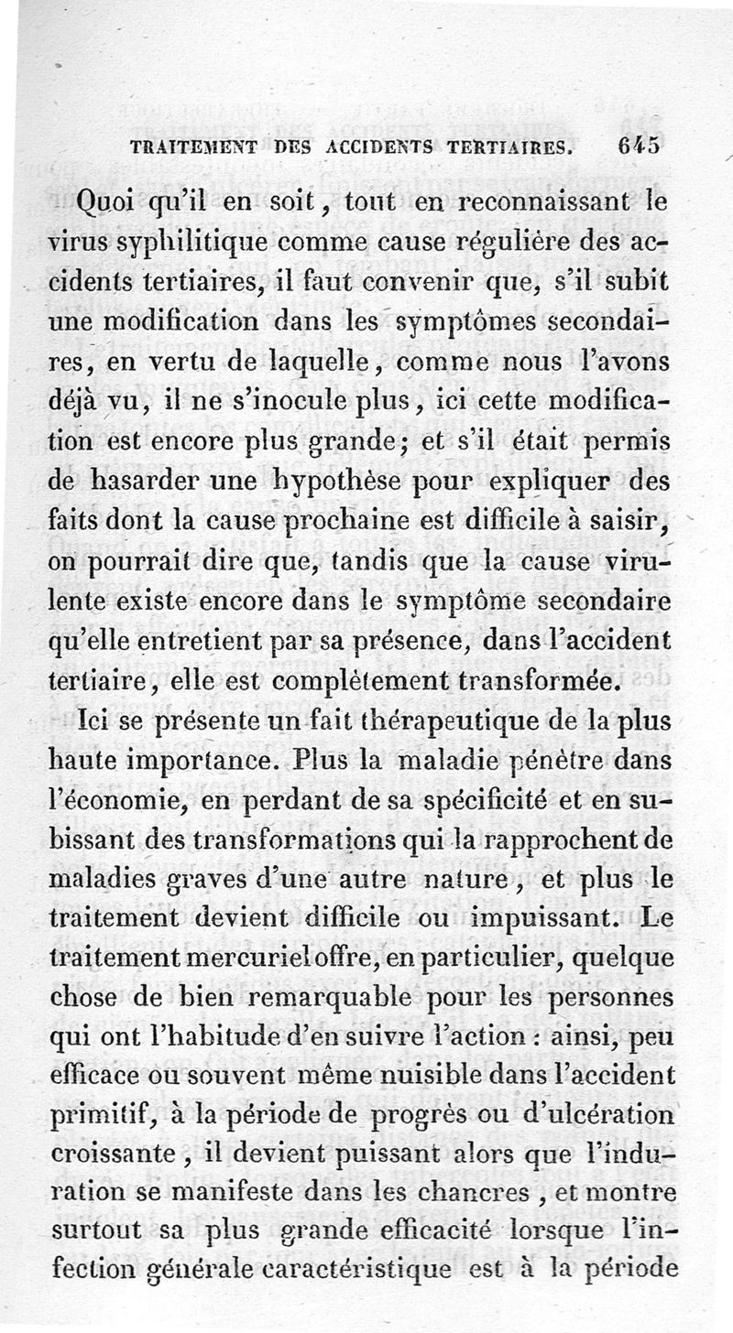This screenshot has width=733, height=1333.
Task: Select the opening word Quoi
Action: (110, 200)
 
